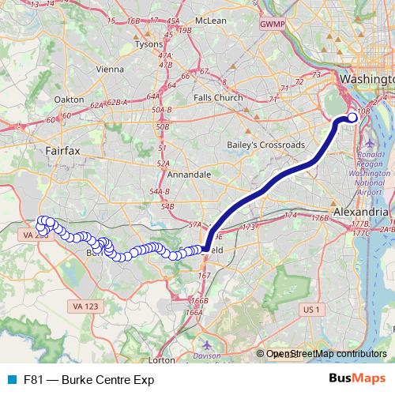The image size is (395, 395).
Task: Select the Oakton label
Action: click(x=70, y=100)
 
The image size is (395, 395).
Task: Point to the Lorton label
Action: click(x=161, y=359)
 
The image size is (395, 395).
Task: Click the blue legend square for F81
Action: click(x=11, y=379)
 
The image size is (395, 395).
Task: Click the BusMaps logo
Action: click(x=356, y=379)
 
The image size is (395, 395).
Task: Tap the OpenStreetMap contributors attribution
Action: click(x=326, y=355)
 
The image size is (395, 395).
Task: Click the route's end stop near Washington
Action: click(x=352, y=118)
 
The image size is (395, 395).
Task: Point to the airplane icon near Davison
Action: click(x=207, y=344)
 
